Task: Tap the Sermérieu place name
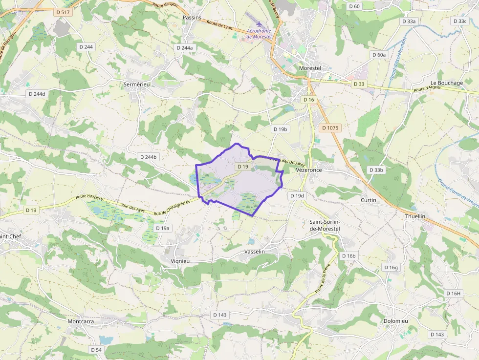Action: (136, 84)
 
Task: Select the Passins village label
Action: (192, 17)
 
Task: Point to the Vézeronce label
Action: (309, 169)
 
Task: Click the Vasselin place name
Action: (254, 251)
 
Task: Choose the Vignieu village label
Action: (180, 261)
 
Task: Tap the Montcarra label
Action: (81, 321)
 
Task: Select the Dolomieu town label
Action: (395, 320)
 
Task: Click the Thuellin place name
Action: (415, 216)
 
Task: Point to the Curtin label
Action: (368, 200)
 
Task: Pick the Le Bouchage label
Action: (446, 83)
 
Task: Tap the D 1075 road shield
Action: (330, 127)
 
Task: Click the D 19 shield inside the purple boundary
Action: (243, 167)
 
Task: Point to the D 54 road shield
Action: (96, 350)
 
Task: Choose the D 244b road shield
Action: (149, 157)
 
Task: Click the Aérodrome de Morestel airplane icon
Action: (259, 24)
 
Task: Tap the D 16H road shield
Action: (453, 293)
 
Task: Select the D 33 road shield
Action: (359, 84)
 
